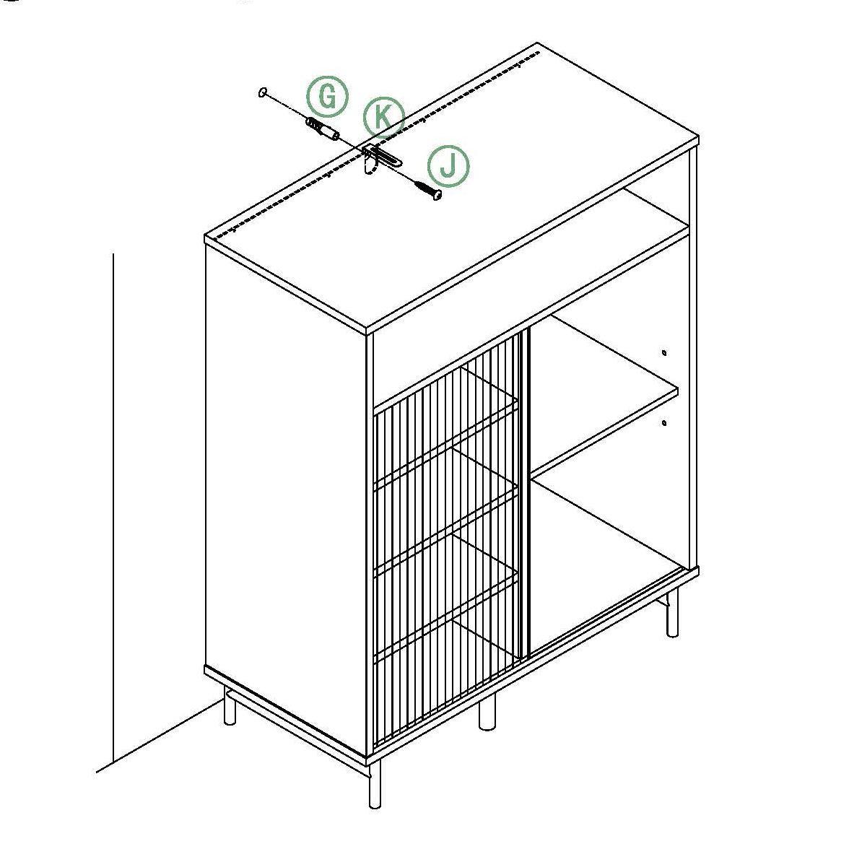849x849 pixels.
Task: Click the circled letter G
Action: pos(327,97)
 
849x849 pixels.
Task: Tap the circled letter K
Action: pos(383,116)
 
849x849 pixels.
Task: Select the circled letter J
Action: pos(448,166)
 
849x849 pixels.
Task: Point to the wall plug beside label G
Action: pos(323,128)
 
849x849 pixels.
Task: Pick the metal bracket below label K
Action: pos(380,158)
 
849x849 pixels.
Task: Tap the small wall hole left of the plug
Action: pos(263,92)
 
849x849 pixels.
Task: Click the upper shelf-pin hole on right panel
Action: pos(664,353)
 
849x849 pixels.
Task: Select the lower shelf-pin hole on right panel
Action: pos(664,422)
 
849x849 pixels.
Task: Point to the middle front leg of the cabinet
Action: pos(487,711)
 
